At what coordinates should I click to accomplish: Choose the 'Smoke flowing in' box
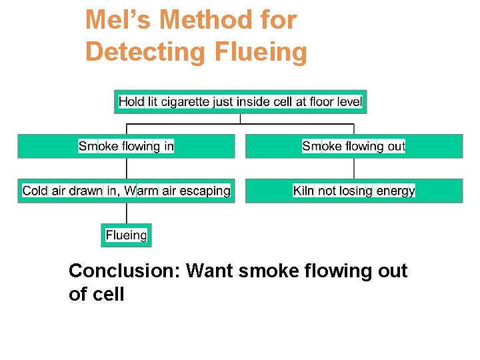[126, 146]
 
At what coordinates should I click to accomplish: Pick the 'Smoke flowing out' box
[353, 146]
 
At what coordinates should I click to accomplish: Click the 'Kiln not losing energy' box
[353, 191]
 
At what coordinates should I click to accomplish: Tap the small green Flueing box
[126, 235]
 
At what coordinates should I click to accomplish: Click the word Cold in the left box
[35, 191]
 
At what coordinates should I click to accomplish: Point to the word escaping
[205, 191]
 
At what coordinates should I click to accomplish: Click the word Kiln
[303, 191]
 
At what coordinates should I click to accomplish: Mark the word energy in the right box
[395, 191]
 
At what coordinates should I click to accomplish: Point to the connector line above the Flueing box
[126, 213]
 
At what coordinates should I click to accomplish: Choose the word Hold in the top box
[131, 102]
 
